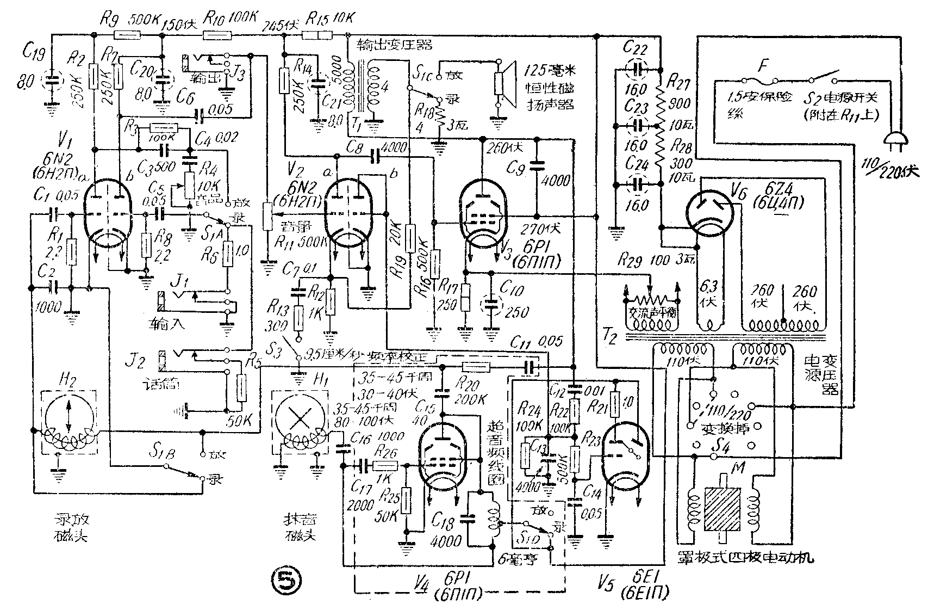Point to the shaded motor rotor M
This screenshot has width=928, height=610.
(723, 509)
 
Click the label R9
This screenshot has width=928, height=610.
(107, 20)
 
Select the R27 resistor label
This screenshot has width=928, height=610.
(676, 83)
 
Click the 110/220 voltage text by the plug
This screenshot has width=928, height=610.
(894, 170)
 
